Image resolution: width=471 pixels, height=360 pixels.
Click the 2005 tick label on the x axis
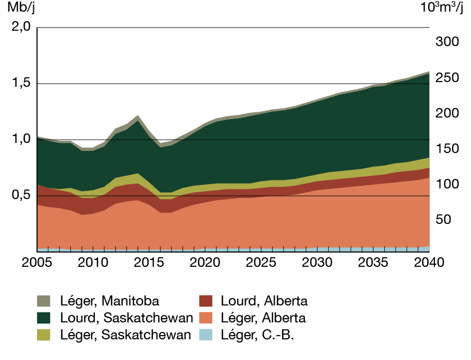click(x=38, y=263)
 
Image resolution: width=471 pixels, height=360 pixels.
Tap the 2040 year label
click(x=429, y=263)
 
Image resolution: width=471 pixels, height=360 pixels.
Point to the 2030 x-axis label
click(x=317, y=263)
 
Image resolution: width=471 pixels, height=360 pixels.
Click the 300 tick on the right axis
click(x=446, y=42)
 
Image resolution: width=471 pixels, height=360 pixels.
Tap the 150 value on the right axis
click(x=446, y=149)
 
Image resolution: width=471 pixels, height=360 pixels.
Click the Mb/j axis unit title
click(x=19, y=8)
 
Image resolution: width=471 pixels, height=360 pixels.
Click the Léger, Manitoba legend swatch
click(x=43, y=301)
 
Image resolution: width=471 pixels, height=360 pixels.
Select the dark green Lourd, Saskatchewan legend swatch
click(x=43, y=318)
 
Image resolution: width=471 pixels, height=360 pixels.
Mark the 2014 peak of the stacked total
click(x=138, y=116)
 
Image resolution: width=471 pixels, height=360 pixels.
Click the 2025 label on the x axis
click(x=261, y=263)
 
